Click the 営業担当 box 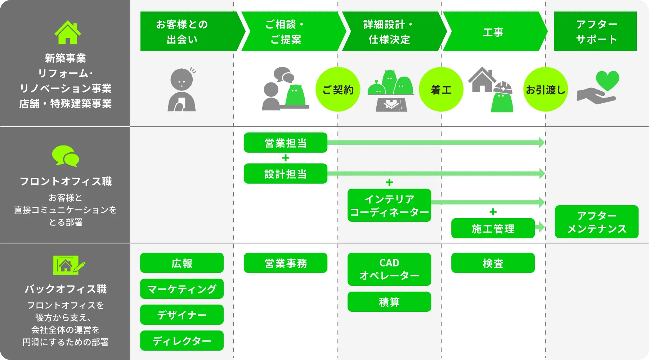point(285,143)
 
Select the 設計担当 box point(285,174)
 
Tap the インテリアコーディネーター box point(389,205)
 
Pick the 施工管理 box point(493,228)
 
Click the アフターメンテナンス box point(596,222)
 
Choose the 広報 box point(182,263)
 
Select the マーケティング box point(182,289)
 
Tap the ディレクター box point(182,341)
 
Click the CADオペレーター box point(389,269)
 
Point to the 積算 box point(389,302)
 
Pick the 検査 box point(493,263)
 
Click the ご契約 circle point(337,89)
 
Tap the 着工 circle point(441,89)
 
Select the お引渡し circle point(545,89)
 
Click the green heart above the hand point(607,80)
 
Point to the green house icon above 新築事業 point(67,33)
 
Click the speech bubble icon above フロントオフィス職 point(66,156)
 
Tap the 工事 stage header point(493,32)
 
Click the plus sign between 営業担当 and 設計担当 point(286,158)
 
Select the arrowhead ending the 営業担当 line point(541,143)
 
